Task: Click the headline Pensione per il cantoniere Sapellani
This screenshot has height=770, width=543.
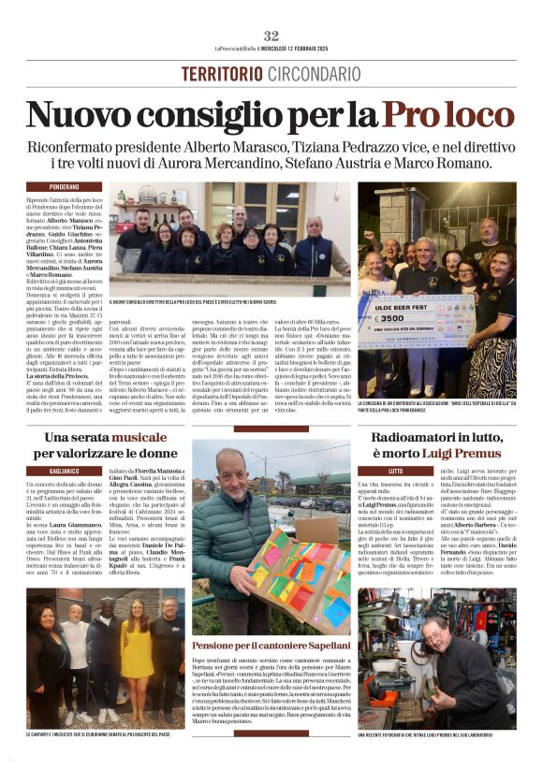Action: click(x=271, y=646)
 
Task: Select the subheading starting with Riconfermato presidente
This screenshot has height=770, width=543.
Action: click(x=271, y=154)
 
